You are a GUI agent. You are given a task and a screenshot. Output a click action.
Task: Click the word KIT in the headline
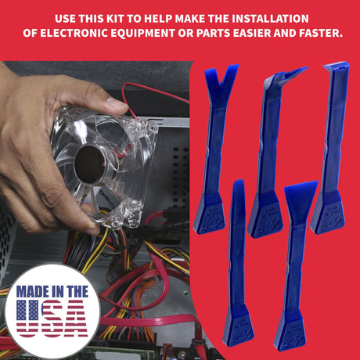click(x=116, y=19)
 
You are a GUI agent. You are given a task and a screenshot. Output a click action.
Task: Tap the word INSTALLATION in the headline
click(x=270, y=19)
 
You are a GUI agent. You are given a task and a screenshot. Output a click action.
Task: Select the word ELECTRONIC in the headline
click(x=74, y=33)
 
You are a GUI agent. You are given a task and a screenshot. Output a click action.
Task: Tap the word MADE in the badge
click(x=33, y=292)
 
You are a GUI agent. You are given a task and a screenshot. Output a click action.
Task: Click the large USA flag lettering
click(x=52, y=319)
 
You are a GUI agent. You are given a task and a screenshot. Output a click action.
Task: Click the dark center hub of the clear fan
click(x=89, y=164)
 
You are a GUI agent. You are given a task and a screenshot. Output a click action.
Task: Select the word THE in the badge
click(x=77, y=292)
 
